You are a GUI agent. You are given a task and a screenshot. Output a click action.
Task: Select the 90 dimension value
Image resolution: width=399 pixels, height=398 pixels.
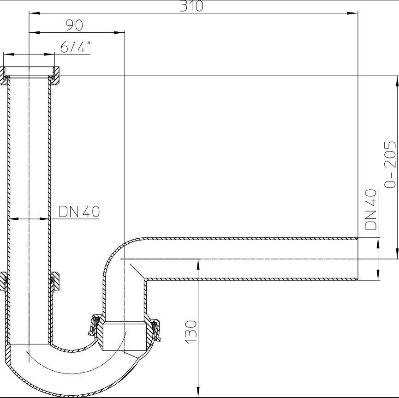tap(74, 25)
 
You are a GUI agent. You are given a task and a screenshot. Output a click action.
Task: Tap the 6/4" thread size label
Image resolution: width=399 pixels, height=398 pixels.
tap(74, 47)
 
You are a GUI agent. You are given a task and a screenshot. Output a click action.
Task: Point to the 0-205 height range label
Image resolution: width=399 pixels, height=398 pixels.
tap(390, 164)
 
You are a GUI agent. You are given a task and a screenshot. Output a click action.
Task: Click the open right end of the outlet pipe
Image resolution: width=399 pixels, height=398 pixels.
tap(357, 259)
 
